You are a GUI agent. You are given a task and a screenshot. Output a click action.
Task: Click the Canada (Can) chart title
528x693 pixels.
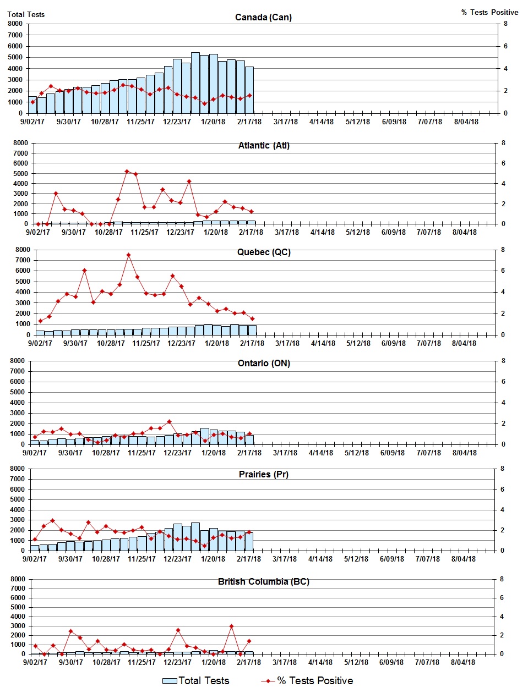[x=263, y=18]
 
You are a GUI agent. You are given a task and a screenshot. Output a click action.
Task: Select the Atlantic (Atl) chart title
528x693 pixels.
[x=264, y=146]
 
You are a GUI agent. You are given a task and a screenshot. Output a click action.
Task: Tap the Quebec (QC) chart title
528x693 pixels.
[x=264, y=252]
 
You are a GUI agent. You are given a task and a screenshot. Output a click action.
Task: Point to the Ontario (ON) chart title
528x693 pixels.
[x=264, y=364]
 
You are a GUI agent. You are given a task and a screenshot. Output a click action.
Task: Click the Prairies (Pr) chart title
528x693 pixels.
[x=264, y=475]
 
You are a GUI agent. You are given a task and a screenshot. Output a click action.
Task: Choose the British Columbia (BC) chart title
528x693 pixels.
[x=264, y=582]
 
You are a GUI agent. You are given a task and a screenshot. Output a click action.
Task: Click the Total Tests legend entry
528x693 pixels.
[x=196, y=681]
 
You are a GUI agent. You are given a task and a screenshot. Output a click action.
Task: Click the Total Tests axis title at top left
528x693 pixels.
[x=26, y=14]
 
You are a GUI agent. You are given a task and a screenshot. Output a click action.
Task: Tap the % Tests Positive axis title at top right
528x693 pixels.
[x=489, y=12]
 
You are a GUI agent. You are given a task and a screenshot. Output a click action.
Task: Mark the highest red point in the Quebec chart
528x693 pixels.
[x=128, y=255]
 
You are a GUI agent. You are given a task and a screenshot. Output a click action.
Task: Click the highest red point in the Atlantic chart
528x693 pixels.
[x=127, y=172]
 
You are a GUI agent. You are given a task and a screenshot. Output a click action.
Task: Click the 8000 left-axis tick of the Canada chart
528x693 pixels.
[x=15, y=24]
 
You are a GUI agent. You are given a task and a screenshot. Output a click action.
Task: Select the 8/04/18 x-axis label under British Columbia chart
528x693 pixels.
[x=463, y=663]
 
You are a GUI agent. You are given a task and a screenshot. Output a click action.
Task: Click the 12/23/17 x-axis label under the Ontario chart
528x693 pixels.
[x=177, y=453]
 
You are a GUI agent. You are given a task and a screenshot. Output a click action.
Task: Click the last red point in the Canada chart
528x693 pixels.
[x=249, y=96]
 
